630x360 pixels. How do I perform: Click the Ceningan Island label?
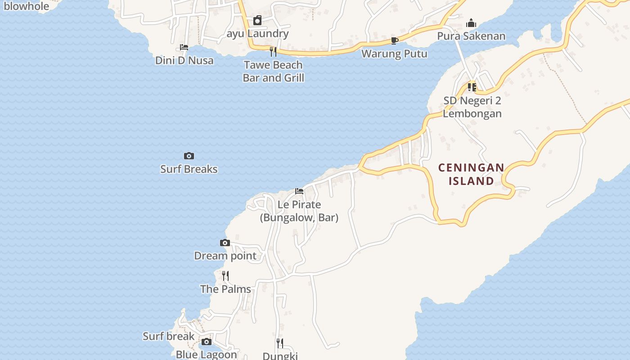(471, 174)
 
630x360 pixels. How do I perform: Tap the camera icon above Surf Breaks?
(189, 156)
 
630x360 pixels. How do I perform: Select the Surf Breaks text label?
(189, 169)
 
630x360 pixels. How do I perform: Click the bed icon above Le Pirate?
(299, 191)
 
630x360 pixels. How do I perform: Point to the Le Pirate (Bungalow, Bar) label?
(299, 211)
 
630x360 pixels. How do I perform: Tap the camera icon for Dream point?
(225, 243)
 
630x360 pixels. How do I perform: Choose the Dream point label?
(225, 256)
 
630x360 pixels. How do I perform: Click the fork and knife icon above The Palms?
(225, 275)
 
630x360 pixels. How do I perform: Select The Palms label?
(225, 289)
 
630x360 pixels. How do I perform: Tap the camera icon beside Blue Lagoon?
(206, 342)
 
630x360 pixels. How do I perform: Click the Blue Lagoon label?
(206, 355)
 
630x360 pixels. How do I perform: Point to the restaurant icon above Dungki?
(280, 343)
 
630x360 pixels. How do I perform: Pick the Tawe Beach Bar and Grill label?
(273, 71)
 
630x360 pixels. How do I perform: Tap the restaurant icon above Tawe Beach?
(273, 52)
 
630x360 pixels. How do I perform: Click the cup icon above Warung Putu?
(395, 41)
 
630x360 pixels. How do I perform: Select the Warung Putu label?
(395, 54)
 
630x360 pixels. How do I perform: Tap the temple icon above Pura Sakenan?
(471, 23)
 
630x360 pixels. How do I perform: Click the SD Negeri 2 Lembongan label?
(472, 107)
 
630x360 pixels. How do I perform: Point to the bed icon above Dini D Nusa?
(184, 47)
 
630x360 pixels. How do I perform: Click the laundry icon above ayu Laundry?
(257, 20)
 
